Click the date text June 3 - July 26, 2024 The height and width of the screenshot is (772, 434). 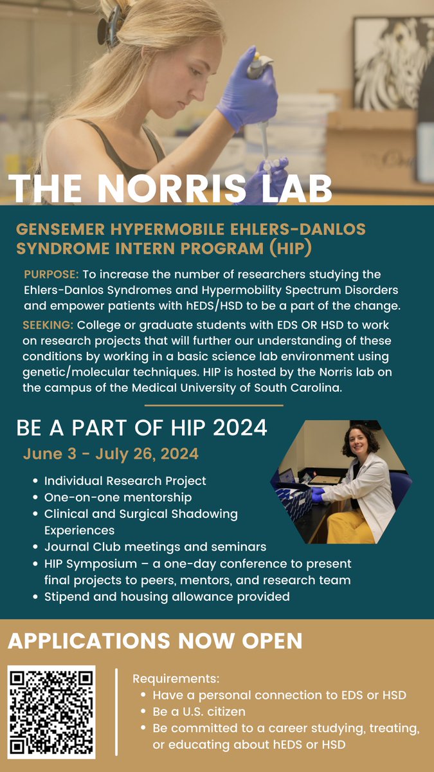pyautogui.click(x=111, y=454)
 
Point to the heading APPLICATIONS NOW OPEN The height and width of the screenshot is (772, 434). pyautogui.click(x=155, y=641)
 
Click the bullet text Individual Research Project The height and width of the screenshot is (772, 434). pyautogui.click(x=125, y=481)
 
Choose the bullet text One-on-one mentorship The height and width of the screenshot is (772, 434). pyautogui.click(x=118, y=497)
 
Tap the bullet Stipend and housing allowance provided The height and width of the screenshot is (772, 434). pyautogui.click(x=167, y=597)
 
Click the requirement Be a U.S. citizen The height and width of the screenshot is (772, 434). pyautogui.click(x=199, y=712)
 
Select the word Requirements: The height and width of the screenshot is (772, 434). pyautogui.click(x=176, y=679)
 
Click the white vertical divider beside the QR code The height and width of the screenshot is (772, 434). pyautogui.click(x=116, y=712)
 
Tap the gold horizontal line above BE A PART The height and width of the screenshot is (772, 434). pyautogui.click(x=213, y=406)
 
